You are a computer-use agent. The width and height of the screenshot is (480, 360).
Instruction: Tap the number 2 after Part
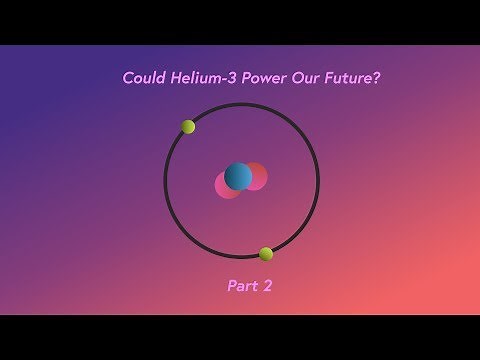click(x=268, y=286)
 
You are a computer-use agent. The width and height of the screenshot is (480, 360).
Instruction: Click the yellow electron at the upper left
click(x=188, y=127)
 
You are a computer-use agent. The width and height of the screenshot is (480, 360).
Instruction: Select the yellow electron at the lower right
click(x=266, y=254)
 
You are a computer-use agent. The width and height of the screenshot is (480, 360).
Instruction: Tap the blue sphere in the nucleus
click(x=238, y=177)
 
